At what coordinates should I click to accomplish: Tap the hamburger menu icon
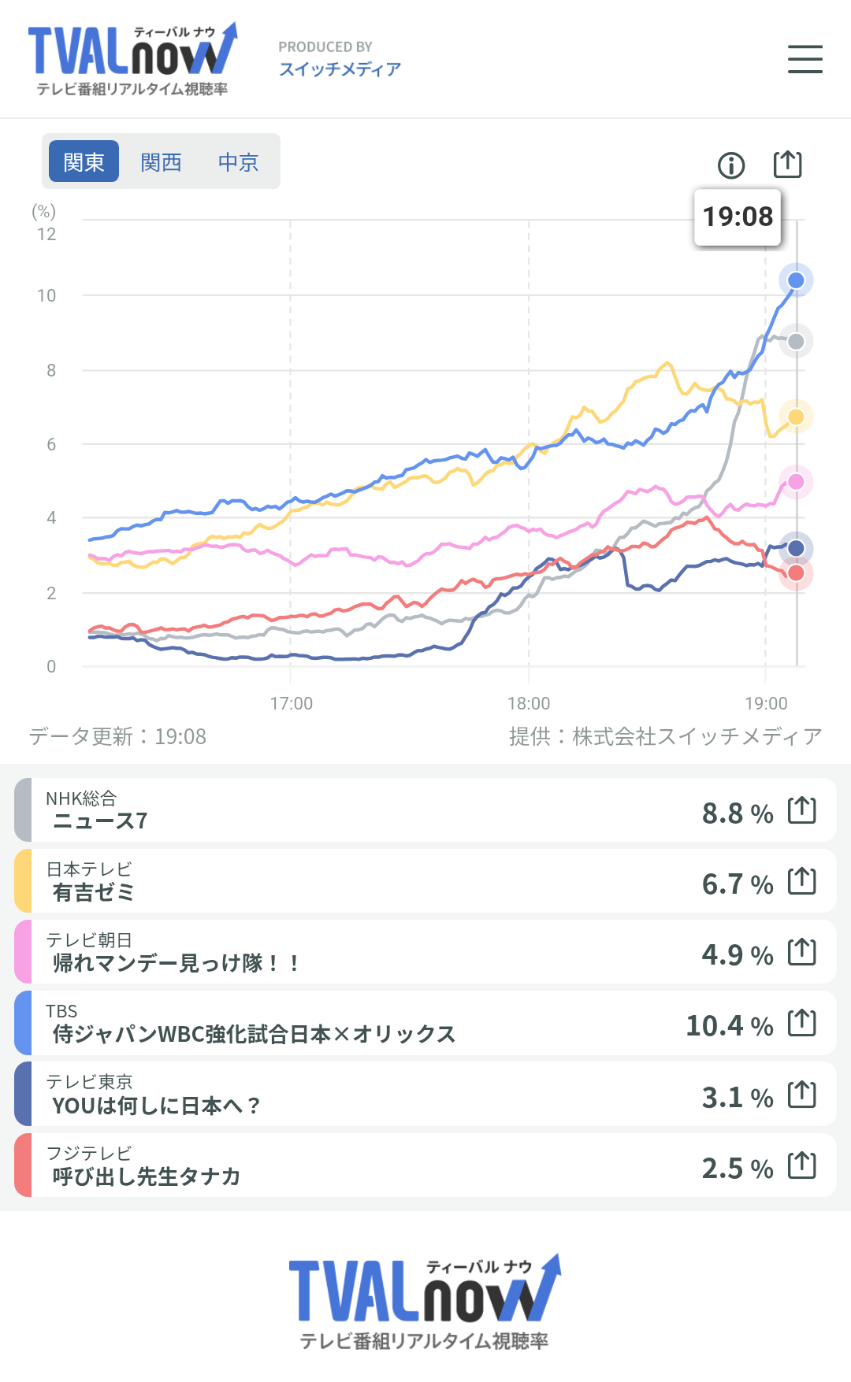tap(805, 59)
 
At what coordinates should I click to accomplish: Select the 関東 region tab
tap(84, 161)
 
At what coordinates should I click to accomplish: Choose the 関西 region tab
tap(161, 161)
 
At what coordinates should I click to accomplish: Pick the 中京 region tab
tap(238, 161)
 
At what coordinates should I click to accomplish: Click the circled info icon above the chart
tap(731, 165)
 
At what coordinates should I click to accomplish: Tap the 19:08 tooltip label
tap(738, 217)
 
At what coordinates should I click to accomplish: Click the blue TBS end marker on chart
tap(796, 280)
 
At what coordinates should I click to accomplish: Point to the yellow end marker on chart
tap(796, 417)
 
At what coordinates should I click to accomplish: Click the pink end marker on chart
tap(796, 482)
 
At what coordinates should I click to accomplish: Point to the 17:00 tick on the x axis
tap(291, 703)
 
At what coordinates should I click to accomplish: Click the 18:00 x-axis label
tap(529, 703)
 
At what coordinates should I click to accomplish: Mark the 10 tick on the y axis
tap(46, 295)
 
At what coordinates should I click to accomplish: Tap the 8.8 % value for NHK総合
tap(737, 813)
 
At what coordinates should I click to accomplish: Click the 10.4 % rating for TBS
tap(729, 1025)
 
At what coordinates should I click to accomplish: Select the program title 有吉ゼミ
tap(94, 892)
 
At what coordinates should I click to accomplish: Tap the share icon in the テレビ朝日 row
tap(802, 952)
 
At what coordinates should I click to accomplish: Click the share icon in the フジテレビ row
tap(802, 1165)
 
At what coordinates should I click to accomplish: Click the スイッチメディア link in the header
tap(340, 69)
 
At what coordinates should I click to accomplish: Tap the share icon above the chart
tap(787, 165)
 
